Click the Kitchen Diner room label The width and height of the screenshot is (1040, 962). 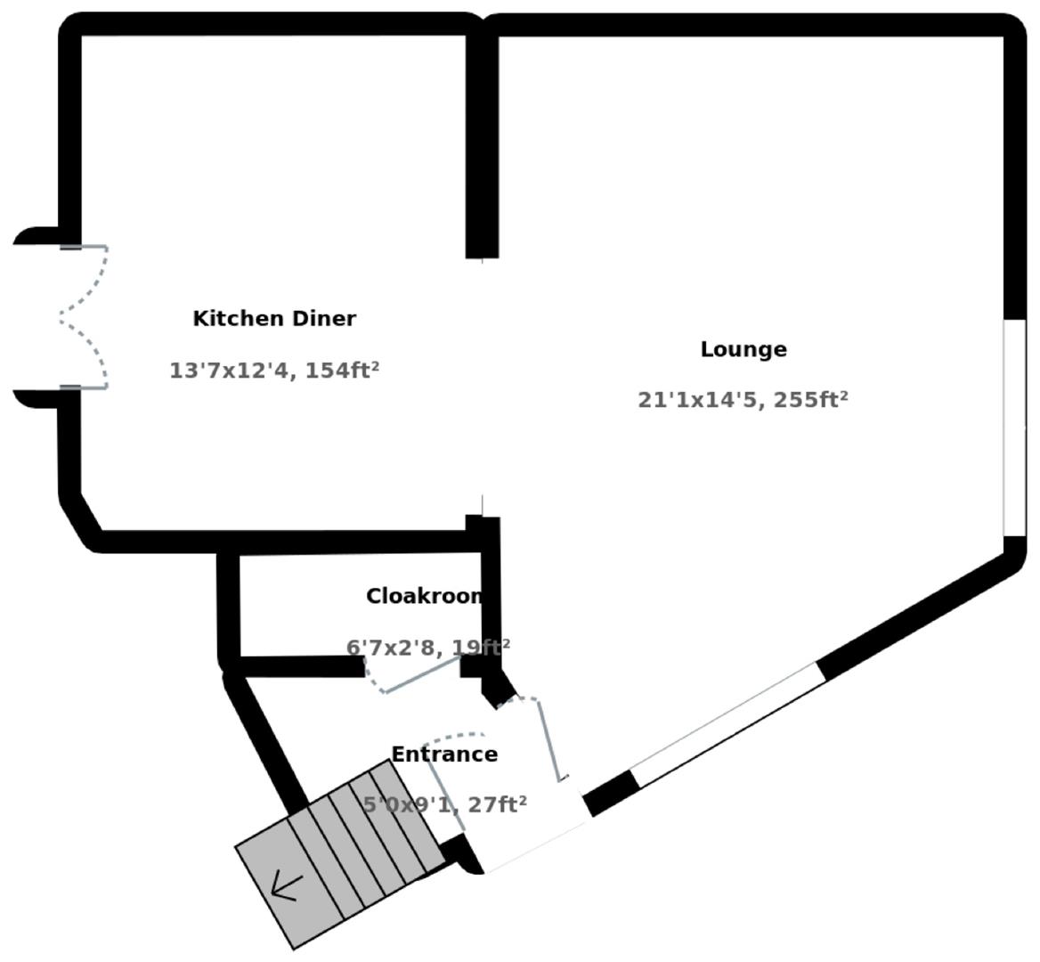pos(274,319)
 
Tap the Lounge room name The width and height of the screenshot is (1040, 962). pos(743,349)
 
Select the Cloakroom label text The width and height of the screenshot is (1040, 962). pos(425,596)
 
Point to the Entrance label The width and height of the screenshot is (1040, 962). pos(444,754)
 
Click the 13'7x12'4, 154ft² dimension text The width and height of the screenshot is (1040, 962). pos(274,371)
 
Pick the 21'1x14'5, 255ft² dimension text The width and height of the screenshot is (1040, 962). pos(743,400)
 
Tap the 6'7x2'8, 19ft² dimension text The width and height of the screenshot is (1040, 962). pos(427,647)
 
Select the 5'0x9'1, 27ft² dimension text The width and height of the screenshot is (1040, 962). pos(444,805)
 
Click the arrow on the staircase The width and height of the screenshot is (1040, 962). pos(286,885)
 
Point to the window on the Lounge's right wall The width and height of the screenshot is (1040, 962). pos(1014,428)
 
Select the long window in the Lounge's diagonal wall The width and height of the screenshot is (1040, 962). pos(726,723)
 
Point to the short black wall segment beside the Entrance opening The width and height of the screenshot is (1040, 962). pos(611,792)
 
